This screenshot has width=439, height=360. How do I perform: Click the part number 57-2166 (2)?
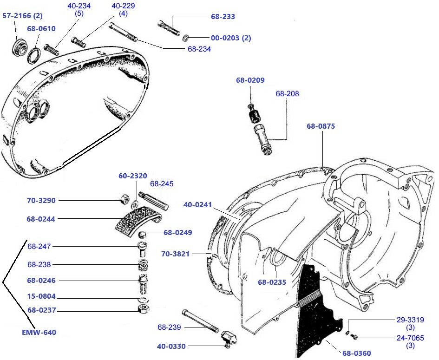pyautogui.click(x=22, y=16)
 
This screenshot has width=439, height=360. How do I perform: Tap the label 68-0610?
pyautogui.click(x=41, y=28)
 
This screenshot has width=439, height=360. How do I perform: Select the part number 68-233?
pyautogui.click(x=223, y=16)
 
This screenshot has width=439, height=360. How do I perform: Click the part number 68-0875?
pyautogui.click(x=321, y=126)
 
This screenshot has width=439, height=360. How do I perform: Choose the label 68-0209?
pyautogui.click(x=250, y=80)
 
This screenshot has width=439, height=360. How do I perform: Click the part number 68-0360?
pyautogui.click(x=357, y=353)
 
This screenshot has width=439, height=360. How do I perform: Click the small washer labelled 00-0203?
pyautogui.click(x=185, y=38)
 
